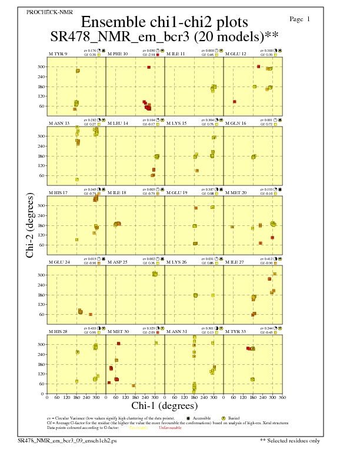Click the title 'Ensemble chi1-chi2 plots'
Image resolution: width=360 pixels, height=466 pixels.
tap(164, 22)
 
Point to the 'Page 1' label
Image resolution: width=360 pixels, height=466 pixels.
tap(300, 19)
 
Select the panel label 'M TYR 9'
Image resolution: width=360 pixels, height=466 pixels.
tap(58, 54)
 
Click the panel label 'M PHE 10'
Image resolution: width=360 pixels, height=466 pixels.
tap(117, 54)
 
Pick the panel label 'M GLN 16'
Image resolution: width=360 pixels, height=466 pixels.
tap(235, 124)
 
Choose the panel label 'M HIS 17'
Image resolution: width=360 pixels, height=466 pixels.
tap(58, 193)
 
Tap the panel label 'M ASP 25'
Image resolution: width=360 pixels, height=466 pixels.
tap(117, 262)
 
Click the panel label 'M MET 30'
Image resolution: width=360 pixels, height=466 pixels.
tap(118, 332)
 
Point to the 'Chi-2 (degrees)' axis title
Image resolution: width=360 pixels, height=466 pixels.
tap(30, 225)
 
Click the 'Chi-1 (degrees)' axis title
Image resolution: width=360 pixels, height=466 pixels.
tap(164, 405)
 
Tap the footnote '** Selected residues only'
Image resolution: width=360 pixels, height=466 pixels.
tap(291, 440)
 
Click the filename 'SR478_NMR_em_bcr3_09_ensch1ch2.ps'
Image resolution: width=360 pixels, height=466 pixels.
tap(67, 440)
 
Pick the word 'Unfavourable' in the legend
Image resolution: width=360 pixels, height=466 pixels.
tap(170, 428)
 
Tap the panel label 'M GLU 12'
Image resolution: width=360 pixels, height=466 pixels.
tap(235, 54)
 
